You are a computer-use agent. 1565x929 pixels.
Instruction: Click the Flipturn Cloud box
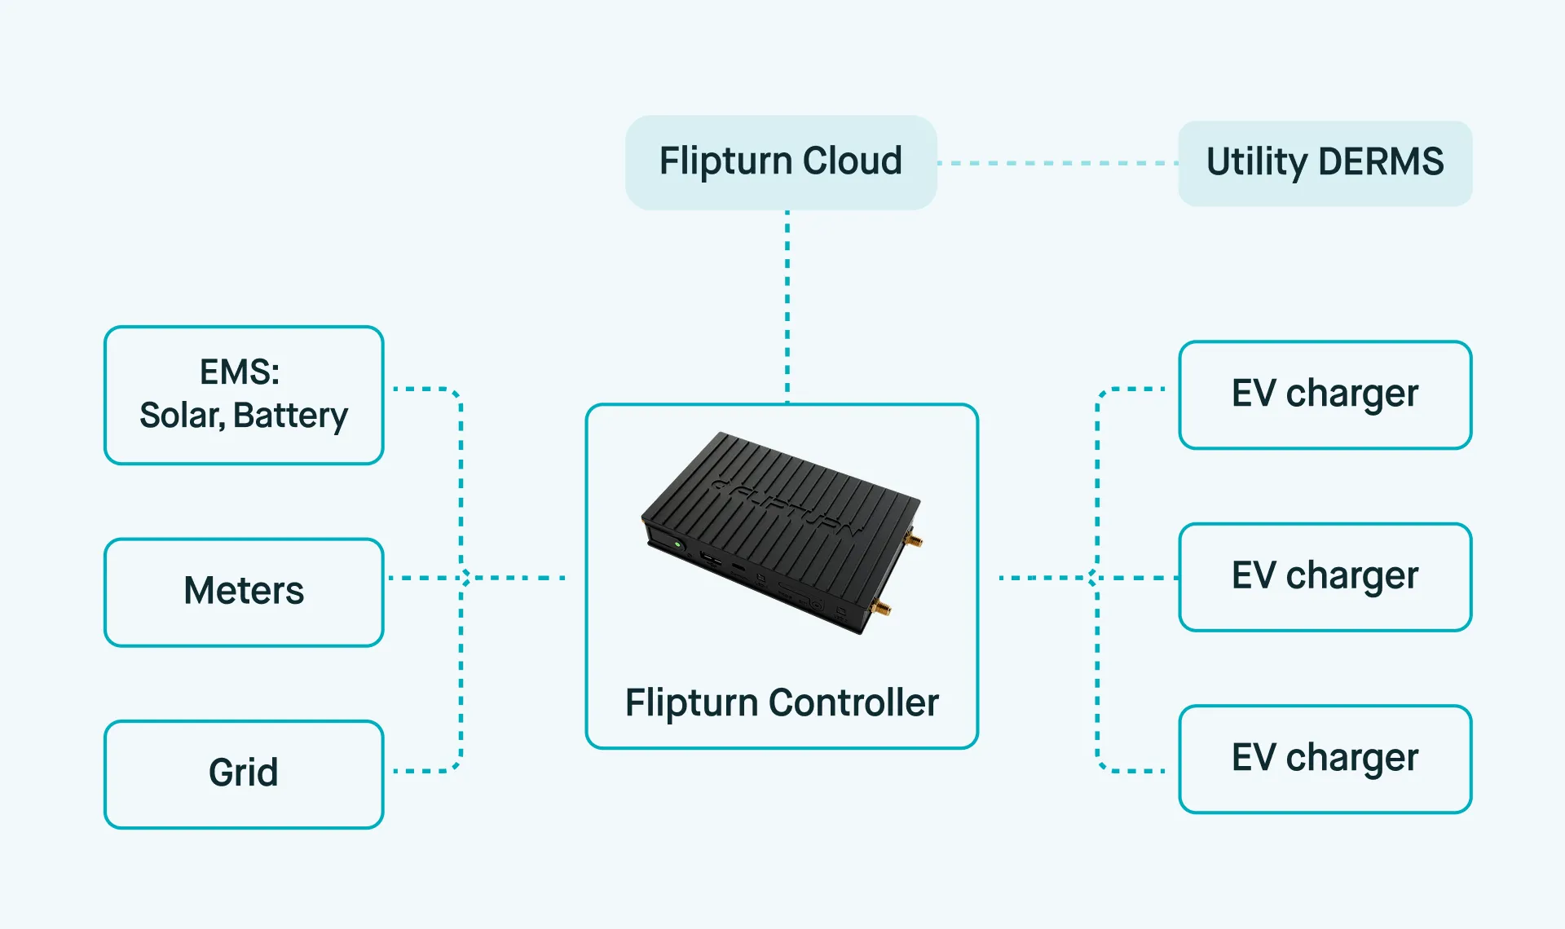point(781,162)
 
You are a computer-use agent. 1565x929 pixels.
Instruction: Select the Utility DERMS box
point(1325,163)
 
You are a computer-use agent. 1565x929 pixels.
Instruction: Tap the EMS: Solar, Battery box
point(244,395)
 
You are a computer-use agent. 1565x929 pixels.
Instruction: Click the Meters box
point(244,592)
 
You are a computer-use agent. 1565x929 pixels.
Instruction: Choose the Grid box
point(244,773)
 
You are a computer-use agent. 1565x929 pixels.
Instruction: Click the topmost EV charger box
point(1325,394)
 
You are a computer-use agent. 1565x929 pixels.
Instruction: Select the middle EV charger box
point(1325,576)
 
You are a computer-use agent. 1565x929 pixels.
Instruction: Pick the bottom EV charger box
point(1325,759)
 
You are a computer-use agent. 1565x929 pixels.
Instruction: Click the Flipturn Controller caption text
point(781,702)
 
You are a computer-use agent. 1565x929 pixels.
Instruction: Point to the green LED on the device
point(677,544)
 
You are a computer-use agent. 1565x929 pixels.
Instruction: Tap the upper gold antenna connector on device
point(915,539)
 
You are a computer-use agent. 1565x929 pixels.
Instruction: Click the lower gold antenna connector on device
point(881,608)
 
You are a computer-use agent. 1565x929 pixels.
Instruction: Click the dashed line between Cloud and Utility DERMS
point(1057,163)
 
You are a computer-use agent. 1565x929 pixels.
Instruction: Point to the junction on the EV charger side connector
point(1093,578)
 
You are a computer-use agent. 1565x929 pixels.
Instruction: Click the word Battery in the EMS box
point(290,416)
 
